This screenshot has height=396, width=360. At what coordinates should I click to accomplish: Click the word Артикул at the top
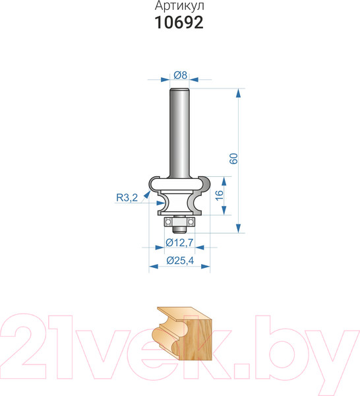(x=179, y=6)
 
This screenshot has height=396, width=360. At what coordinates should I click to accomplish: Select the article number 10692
(x=179, y=22)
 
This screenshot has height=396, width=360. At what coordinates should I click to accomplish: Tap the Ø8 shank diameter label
(x=181, y=75)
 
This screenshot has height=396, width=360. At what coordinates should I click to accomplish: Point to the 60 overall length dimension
(x=234, y=158)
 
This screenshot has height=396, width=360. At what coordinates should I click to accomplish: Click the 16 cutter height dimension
(x=220, y=195)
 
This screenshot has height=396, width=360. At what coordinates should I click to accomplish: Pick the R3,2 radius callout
(x=127, y=197)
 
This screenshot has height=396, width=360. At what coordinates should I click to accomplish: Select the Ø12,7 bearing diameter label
(x=179, y=243)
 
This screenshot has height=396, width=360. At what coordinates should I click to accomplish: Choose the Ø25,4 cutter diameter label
(x=180, y=261)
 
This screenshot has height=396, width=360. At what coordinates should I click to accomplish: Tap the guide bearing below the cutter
(x=179, y=222)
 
